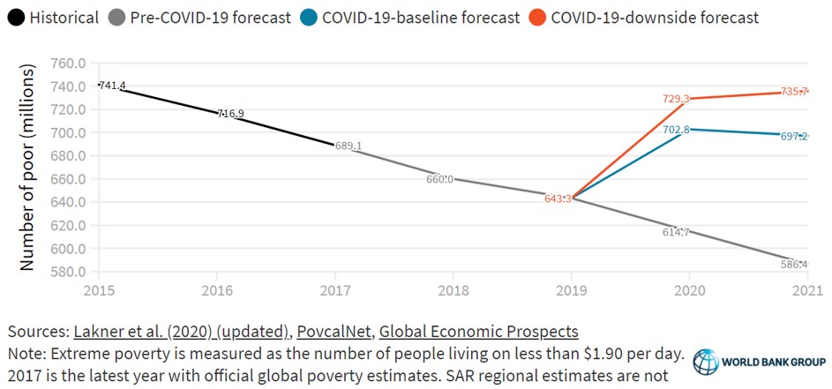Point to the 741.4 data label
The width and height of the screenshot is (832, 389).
pos(112,86)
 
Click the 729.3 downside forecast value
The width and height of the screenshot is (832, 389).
pos(677,100)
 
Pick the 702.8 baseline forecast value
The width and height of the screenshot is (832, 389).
pos(678,130)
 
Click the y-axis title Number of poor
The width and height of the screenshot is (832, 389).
pos(27,168)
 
